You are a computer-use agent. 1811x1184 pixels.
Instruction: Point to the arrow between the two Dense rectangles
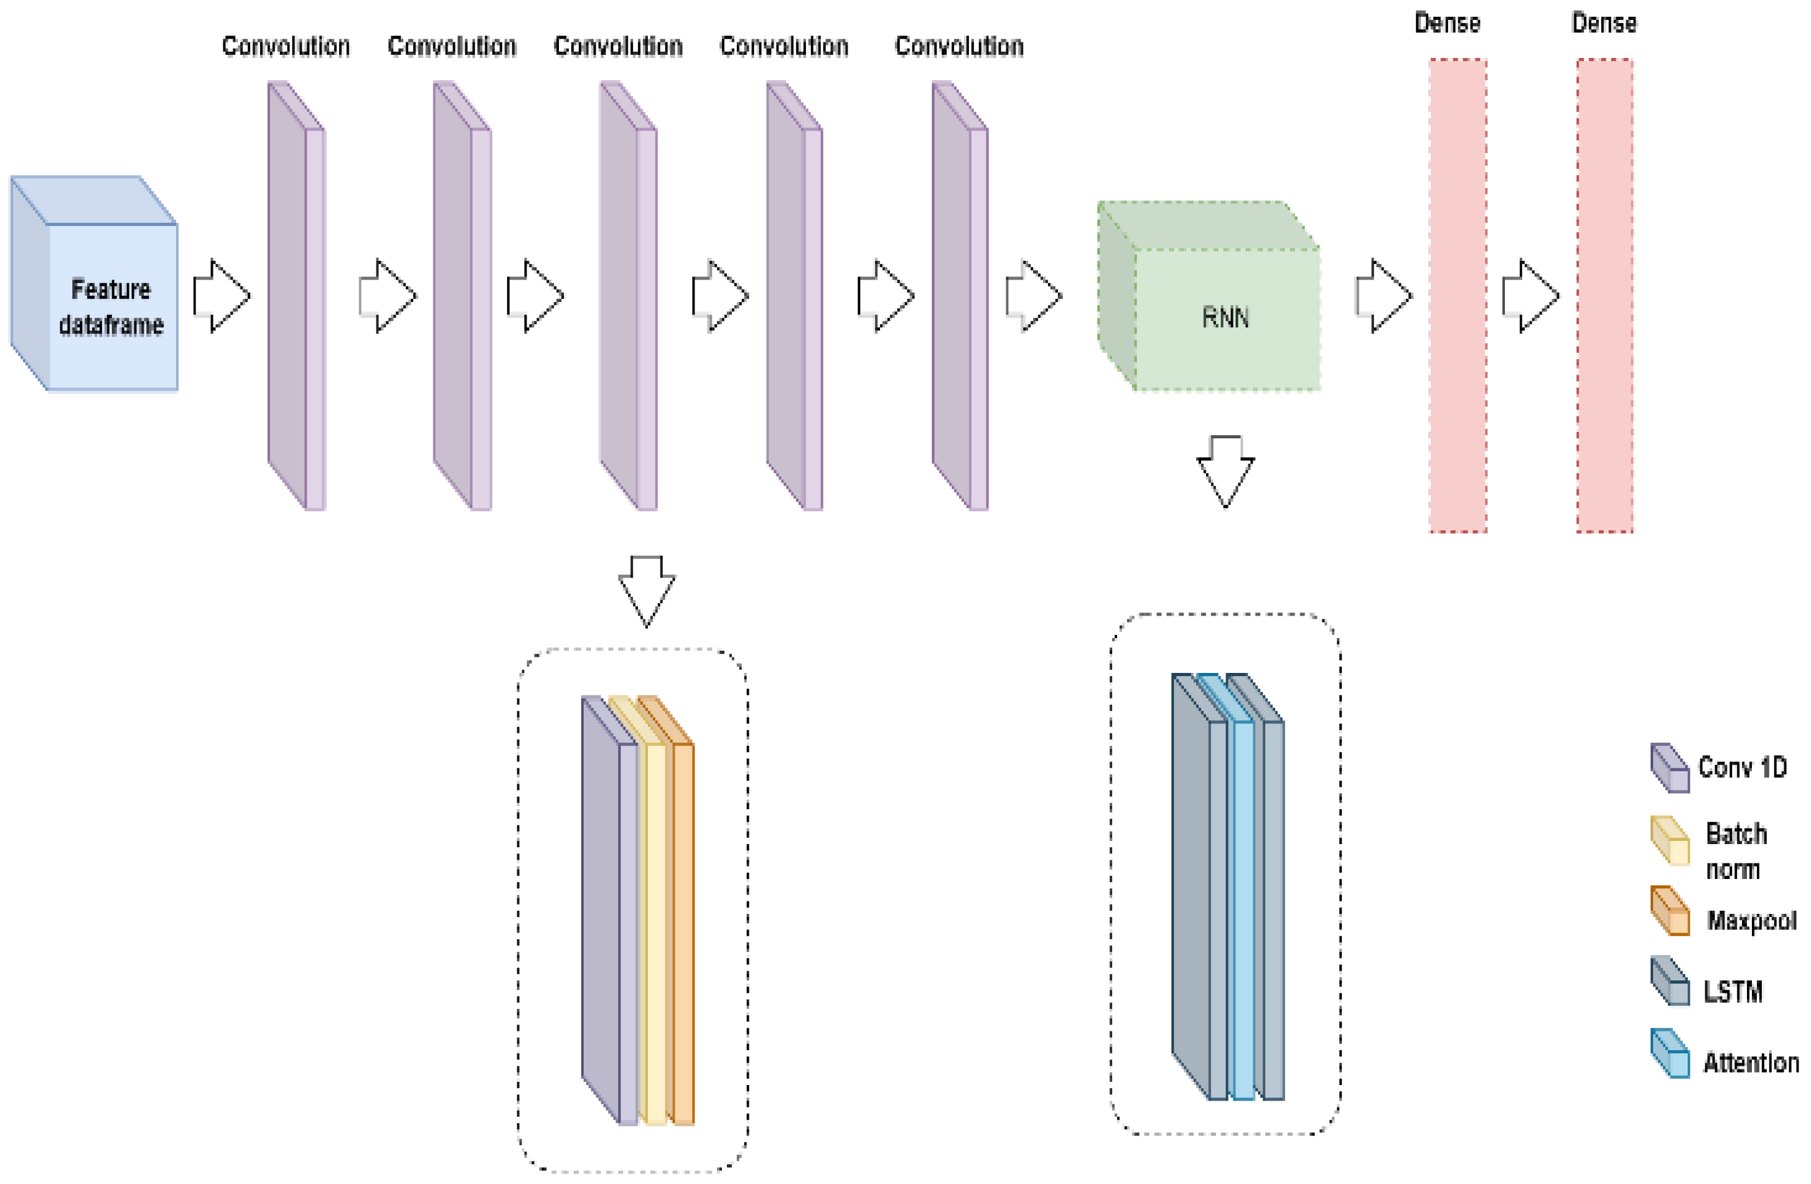1530,296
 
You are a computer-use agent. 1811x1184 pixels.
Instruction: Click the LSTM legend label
1733,992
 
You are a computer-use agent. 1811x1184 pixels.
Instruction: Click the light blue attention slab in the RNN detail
1242,906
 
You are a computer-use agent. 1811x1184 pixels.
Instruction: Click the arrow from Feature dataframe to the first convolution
221,296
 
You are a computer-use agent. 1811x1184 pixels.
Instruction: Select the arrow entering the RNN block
1032,296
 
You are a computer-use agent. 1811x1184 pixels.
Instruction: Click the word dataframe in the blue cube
111,325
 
